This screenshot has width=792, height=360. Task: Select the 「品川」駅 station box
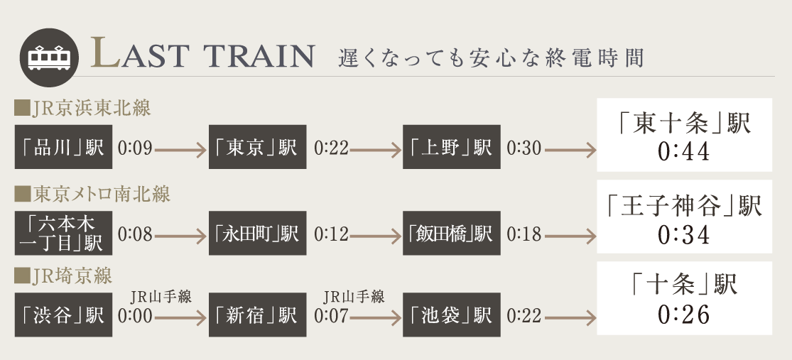[63, 148]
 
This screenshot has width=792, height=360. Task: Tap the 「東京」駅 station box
[257, 148]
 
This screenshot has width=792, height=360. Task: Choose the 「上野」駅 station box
[451, 148]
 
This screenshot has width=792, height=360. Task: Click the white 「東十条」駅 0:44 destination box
[684, 138]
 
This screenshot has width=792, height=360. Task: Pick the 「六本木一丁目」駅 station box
[63, 232]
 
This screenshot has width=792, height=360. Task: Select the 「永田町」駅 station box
[257, 232]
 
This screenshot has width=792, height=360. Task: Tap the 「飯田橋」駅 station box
[451, 232]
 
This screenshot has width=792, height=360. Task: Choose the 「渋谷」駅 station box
[63, 315]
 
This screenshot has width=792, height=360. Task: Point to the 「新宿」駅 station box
[257, 315]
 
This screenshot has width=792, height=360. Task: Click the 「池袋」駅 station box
[451, 315]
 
